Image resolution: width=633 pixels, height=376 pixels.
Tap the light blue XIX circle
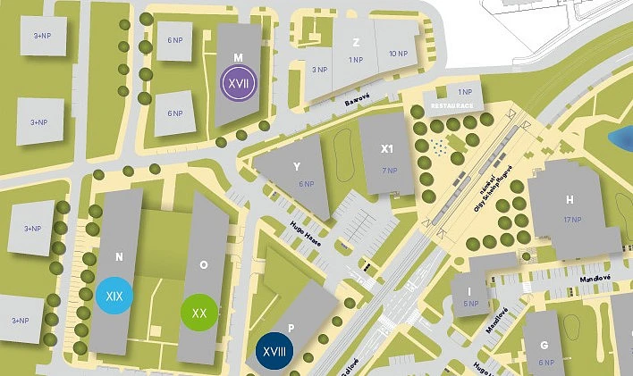click(114, 295)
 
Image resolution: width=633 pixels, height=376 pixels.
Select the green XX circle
click(199, 313)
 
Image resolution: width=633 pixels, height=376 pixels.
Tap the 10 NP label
click(397, 54)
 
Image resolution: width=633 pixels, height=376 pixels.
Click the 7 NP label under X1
click(388, 170)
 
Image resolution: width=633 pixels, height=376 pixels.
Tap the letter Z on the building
click(356, 42)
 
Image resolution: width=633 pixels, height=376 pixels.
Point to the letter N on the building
click(119, 257)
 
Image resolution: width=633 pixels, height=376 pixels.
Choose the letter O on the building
click(203, 264)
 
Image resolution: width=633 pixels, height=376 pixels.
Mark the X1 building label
click(387, 149)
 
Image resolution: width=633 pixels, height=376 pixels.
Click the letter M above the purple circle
click(238, 57)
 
